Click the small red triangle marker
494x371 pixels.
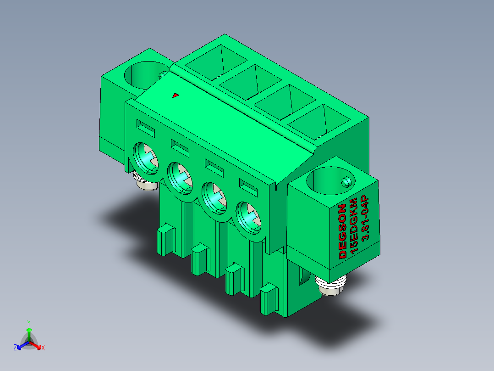pos(176,95)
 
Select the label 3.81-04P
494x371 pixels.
pos(365,218)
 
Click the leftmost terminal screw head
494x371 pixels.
pos(146,158)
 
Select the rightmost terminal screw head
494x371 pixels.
pos(249,218)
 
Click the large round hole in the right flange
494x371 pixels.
pos(330,180)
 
